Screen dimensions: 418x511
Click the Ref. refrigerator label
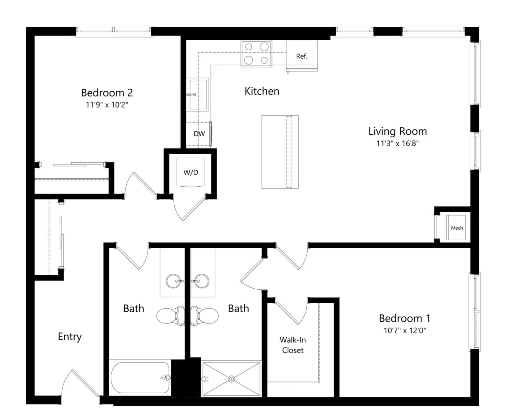[x=301, y=56]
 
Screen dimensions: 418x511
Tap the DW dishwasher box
[x=199, y=134]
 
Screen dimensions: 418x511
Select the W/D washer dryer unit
[x=190, y=172]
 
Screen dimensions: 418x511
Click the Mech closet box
[x=456, y=228]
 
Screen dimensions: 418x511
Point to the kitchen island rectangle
[x=280, y=152]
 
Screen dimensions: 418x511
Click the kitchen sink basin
[x=198, y=95]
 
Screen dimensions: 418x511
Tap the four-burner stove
[x=256, y=54]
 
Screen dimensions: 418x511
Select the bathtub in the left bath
[x=140, y=378]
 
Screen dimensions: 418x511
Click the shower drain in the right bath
[x=231, y=379]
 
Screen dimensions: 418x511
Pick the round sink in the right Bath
[x=202, y=281]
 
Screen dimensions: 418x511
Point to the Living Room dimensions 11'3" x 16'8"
[x=397, y=143]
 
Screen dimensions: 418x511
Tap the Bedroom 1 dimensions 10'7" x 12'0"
[x=405, y=330]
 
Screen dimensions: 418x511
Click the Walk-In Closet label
[x=292, y=345]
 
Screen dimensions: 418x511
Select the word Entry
[x=70, y=336]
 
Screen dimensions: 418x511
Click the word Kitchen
[x=262, y=91]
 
